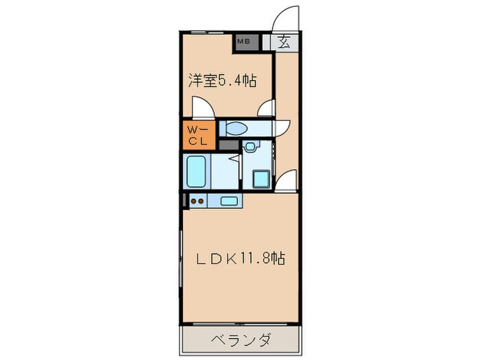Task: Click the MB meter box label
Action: (x=243, y=42)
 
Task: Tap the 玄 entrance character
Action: (x=285, y=41)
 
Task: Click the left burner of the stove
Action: (x=193, y=201)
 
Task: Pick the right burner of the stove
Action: (x=202, y=201)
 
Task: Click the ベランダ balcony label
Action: (x=241, y=341)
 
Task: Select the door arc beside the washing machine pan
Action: (x=286, y=181)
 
